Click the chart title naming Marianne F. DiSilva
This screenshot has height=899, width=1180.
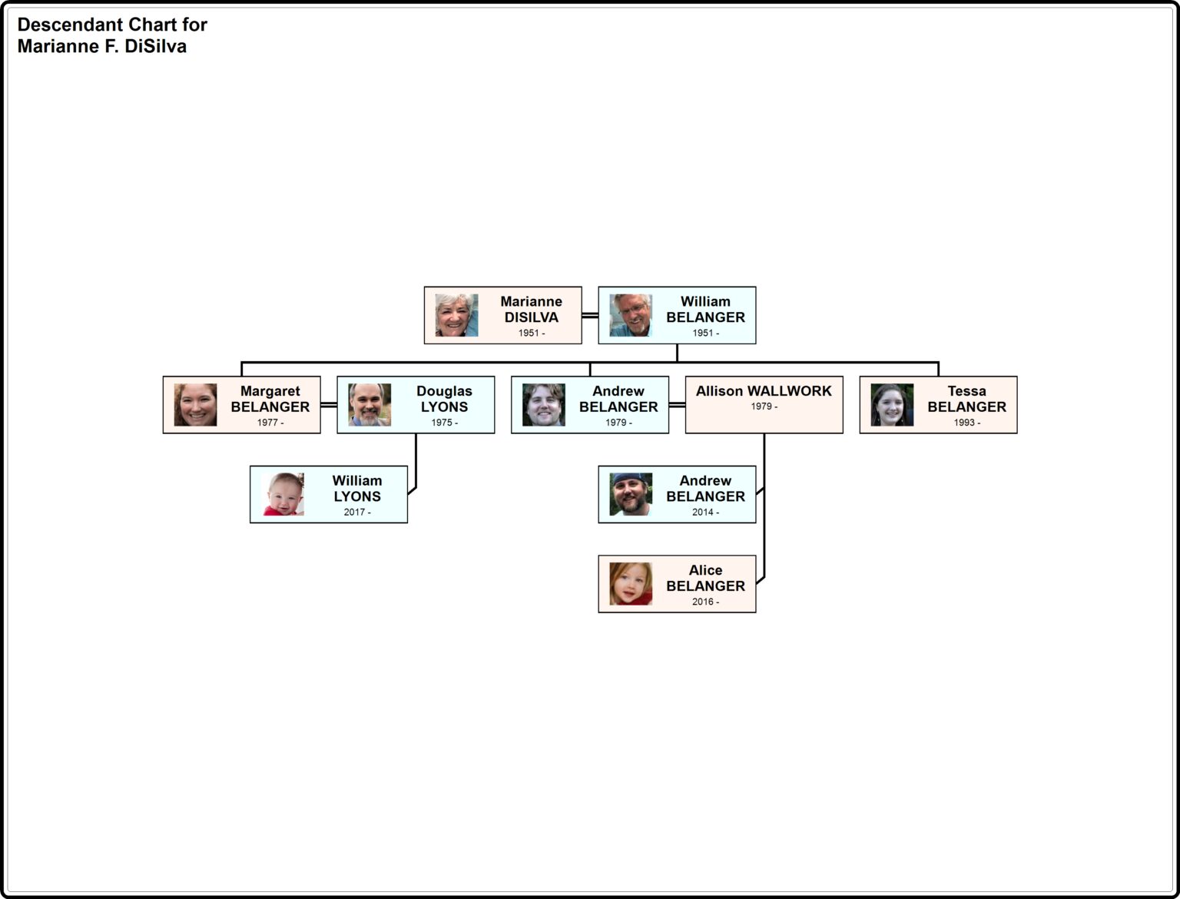tap(112, 35)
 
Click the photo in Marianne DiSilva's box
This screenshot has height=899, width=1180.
tap(456, 315)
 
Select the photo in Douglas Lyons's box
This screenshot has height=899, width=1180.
tap(370, 405)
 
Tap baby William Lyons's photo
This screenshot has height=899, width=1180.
tap(283, 494)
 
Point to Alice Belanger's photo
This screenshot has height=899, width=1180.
tap(631, 584)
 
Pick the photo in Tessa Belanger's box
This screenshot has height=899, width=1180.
tap(892, 405)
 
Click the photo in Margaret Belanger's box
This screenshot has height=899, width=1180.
tap(195, 405)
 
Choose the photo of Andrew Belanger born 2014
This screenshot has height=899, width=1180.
tap(631, 494)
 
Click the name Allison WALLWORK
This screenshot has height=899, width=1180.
tap(764, 391)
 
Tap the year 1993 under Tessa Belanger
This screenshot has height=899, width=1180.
tap(964, 423)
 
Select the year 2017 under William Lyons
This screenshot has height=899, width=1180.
tap(354, 513)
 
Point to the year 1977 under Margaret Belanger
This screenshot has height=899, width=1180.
tap(267, 423)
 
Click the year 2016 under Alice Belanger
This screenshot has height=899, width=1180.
tap(703, 602)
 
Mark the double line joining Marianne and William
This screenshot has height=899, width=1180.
tap(590, 315)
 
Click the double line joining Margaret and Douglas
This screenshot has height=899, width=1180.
tap(329, 405)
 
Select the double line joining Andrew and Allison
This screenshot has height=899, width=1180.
tap(677, 405)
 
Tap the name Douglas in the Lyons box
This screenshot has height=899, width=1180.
tap(444, 391)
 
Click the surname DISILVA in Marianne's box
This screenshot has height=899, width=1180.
tap(531, 317)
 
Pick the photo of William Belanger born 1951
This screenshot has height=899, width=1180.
tap(631, 315)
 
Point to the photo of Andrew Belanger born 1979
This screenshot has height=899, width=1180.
tap(543, 405)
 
